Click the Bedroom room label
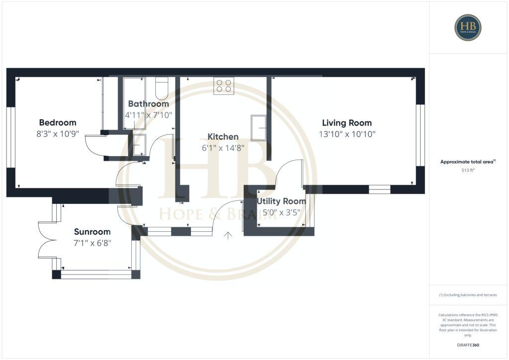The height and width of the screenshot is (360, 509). (58, 123)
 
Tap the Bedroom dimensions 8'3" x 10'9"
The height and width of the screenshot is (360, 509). (58, 134)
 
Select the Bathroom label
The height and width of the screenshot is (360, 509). (149, 104)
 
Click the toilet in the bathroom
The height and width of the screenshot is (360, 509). (162, 89)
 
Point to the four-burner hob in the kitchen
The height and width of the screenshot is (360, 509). (224, 86)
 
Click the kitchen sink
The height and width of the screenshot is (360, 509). (258, 128)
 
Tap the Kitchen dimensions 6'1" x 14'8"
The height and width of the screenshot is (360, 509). (223, 148)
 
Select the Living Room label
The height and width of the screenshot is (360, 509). (347, 123)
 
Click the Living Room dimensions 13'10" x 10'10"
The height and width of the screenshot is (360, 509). (347, 134)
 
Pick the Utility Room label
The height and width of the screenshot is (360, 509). (281, 201)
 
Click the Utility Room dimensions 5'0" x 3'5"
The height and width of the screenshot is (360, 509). (281, 212)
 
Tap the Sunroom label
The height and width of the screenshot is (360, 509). (92, 232)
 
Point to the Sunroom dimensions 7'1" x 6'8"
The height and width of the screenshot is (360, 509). (92, 243)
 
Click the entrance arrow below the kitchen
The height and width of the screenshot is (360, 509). (229, 235)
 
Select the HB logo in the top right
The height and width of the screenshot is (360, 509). (468, 27)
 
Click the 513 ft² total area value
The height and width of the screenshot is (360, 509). (468, 171)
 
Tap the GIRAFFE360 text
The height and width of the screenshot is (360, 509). (468, 345)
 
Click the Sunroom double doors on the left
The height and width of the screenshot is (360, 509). (46, 239)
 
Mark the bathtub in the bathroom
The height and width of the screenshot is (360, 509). (134, 103)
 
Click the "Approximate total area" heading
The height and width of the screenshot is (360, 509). (468, 162)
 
